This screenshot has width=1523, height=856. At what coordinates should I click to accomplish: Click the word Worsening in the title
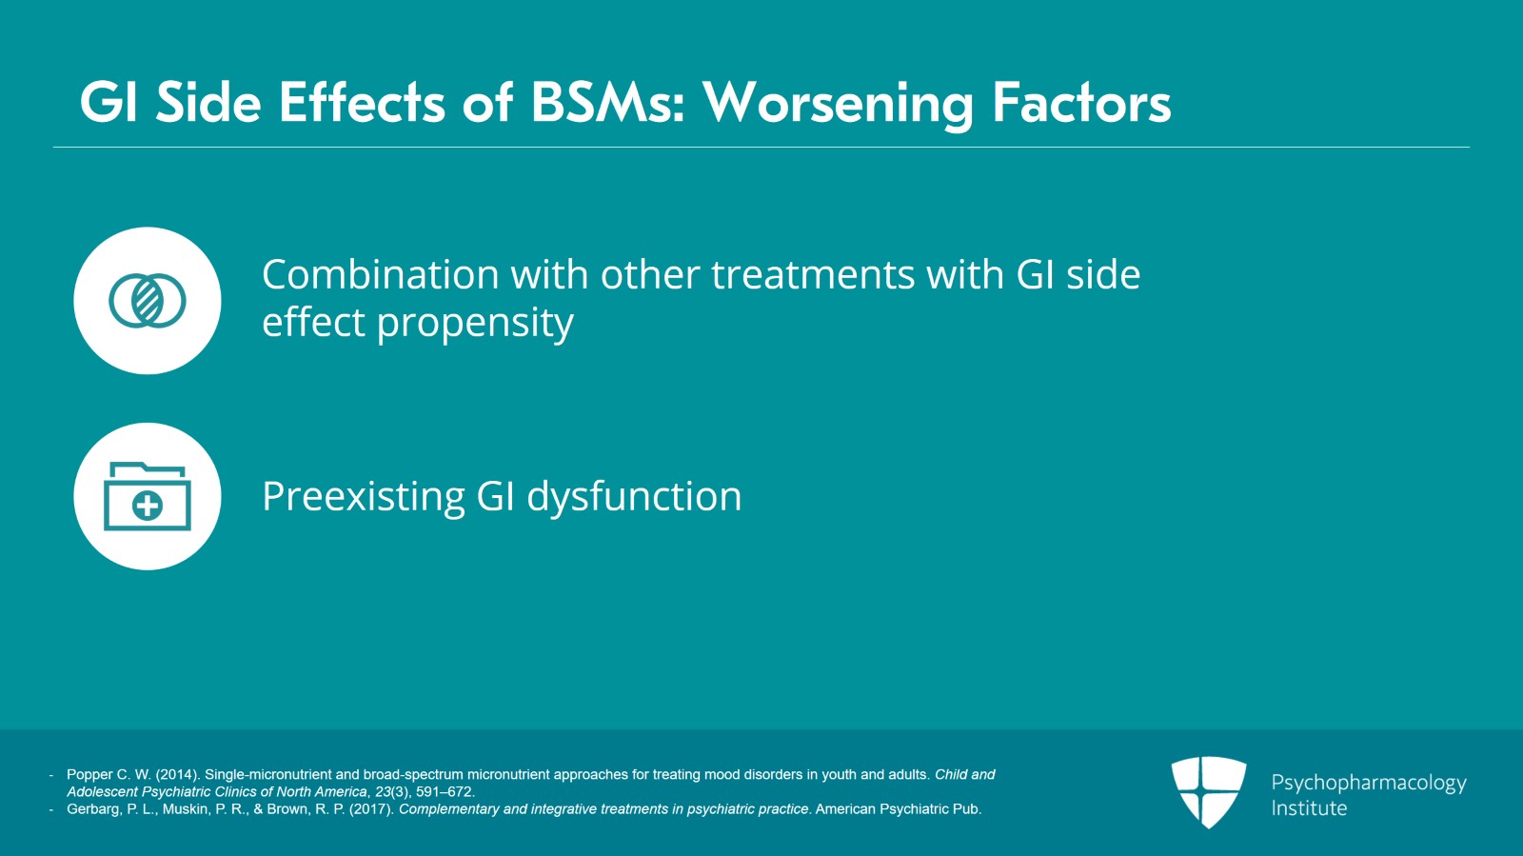839,105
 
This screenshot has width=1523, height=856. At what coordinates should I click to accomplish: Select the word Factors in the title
1081,103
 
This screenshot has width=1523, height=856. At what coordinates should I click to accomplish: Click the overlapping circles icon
147,301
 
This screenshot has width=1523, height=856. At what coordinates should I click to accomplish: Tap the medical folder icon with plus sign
147,496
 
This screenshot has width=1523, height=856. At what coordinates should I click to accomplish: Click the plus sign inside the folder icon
147,506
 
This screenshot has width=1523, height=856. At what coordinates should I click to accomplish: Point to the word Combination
381,274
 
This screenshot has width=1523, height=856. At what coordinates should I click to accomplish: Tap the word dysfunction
634,496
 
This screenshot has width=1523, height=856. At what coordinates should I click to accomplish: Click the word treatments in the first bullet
814,275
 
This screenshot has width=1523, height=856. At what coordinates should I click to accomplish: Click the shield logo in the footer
1209,792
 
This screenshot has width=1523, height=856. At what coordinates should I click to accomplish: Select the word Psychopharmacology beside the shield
1369,784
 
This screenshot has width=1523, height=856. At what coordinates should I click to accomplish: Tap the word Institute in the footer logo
1309,808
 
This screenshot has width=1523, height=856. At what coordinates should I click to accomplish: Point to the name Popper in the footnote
89,775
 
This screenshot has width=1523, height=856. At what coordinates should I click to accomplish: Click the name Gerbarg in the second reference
94,809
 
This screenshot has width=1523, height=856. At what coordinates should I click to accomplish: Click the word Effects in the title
362,103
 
